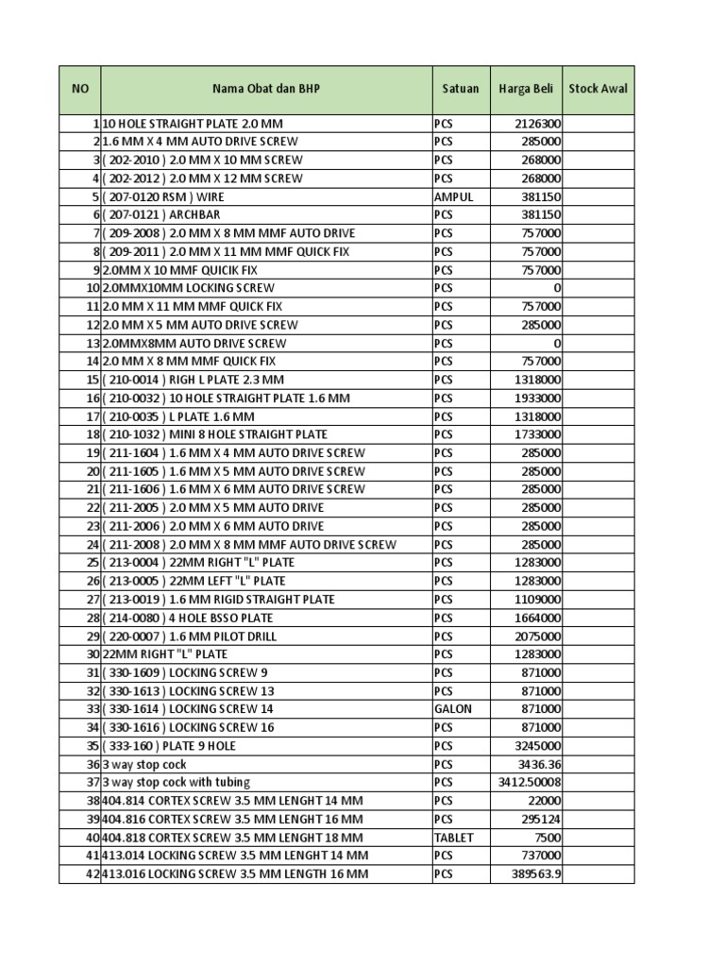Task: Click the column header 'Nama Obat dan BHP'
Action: pos(266,89)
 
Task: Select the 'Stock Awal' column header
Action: pos(599,89)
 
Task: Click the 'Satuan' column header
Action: pos(461,89)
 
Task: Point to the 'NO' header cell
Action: pos(79,89)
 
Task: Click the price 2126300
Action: pos(538,124)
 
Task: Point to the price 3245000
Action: pos(538,746)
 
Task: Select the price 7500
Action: pos(548,838)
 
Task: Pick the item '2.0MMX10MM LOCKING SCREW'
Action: pos(188,288)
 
